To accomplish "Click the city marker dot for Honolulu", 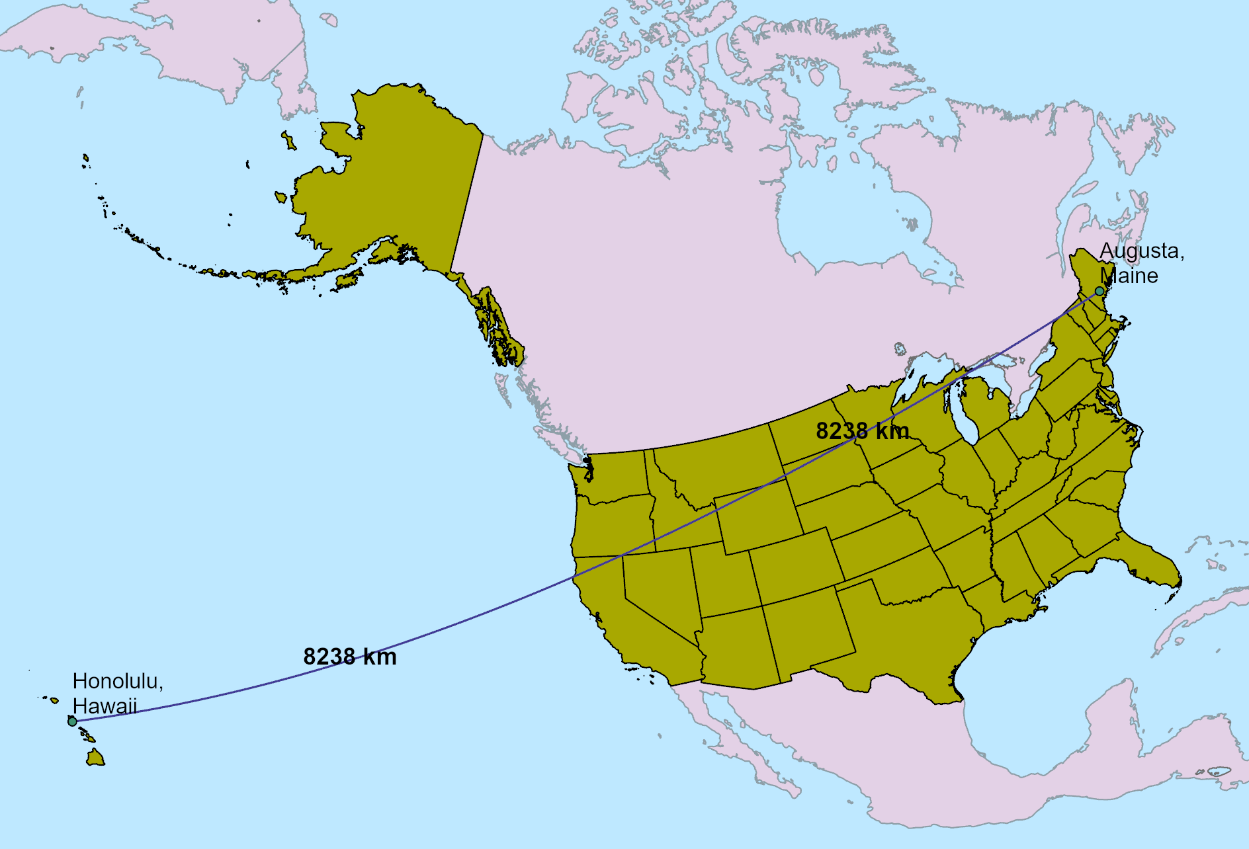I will click(72, 721).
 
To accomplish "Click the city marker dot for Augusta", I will click(1099, 291).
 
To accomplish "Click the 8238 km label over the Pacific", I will click(350, 657).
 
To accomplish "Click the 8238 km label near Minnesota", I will click(862, 431).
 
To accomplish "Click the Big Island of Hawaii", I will click(96, 758).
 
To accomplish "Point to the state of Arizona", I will click(734, 648).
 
